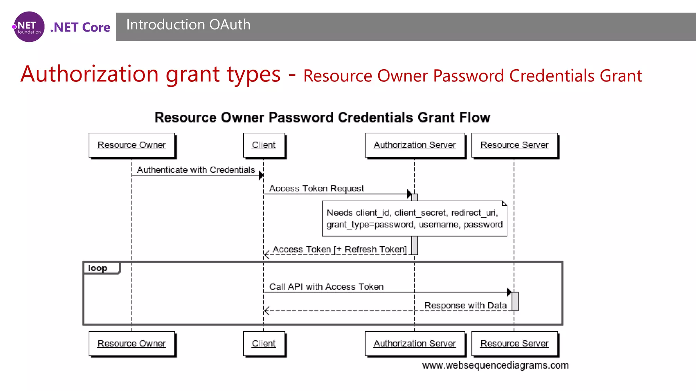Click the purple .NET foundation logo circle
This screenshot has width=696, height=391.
[29, 27]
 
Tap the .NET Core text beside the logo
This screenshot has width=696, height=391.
[80, 27]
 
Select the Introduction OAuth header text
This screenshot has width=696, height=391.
[188, 25]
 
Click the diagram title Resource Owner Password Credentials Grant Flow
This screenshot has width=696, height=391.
[322, 117]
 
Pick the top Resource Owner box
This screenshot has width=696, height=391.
[132, 145]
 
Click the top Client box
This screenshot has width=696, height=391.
[264, 145]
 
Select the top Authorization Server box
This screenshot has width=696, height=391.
[415, 145]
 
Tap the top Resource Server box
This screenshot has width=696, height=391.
[514, 145]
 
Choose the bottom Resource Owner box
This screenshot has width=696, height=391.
[132, 343]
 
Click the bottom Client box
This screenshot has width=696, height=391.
[264, 343]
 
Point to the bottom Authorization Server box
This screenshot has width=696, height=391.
[415, 343]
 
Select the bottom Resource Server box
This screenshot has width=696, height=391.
[514, 343]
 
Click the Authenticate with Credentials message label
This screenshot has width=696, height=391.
[196, 170]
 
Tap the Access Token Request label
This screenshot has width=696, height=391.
[316, 188]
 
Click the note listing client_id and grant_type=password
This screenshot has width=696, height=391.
[414, 219]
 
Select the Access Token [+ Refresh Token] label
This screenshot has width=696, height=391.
[340, 249]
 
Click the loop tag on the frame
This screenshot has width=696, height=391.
[98, 268]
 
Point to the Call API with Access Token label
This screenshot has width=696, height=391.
[326, 287]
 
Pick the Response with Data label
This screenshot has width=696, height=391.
[465, 305]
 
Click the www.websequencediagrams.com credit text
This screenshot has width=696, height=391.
[495, 365]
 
